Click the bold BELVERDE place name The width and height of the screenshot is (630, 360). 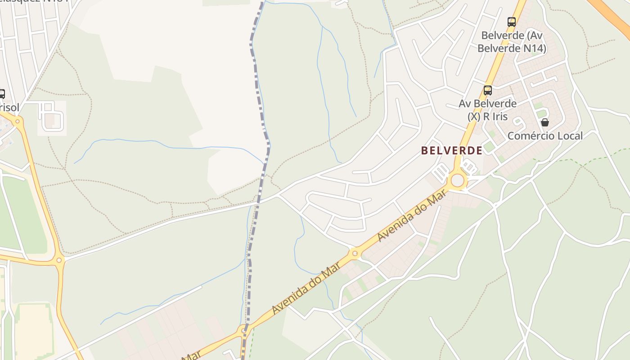pos(451,150)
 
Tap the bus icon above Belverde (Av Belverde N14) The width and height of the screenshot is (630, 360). pos(511,22)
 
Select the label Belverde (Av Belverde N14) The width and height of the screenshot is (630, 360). pos(512,41)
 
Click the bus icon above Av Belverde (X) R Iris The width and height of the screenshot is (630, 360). pos(487,90)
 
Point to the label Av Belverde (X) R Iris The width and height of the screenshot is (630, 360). pos(487,110)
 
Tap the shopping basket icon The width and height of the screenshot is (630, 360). pos(545,122)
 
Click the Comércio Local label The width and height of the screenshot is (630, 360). pos(545,135)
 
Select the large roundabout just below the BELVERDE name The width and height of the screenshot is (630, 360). pos(457,180)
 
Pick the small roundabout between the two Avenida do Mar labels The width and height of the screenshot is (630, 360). pos(355,254)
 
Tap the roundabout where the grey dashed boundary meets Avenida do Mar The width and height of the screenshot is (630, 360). pos(244,331)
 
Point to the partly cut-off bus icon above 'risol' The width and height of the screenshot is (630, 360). pos(1,94)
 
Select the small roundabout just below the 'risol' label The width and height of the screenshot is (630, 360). pos(18,121)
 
